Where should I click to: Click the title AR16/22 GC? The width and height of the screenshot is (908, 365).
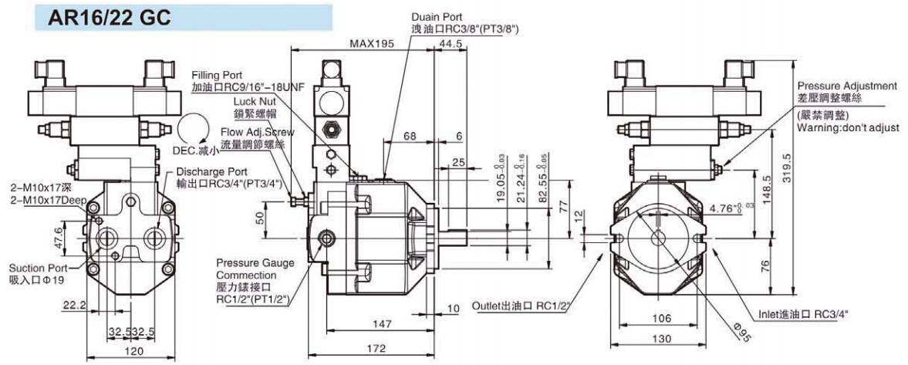pos(110,18)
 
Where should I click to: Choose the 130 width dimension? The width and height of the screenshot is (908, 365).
pos(661,339)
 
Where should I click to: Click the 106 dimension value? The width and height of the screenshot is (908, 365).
pos(661,317)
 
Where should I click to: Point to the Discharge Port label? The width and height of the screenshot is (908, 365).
pos(211,171)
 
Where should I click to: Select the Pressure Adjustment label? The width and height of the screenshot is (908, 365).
pos(847,86)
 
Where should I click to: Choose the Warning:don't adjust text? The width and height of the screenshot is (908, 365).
pos(847,127)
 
